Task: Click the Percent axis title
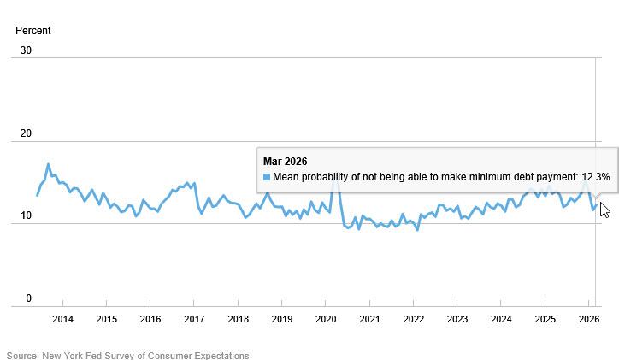pyautogui.click(x=33, y=31)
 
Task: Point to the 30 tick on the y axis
pyautogui.click(x=26, y=50)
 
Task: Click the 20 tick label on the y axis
pyautogui.click(x=26, y=133)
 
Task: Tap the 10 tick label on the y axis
pyautogui.click(x=26, y=216)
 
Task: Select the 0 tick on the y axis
pyautogui.click(x=28, y=298)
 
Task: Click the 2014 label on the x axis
pyautogui.click(x=62, y=320)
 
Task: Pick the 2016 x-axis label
pyautogui.click(x=150, y=320)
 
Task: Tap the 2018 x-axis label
pyautogui.click(x=238, y=320)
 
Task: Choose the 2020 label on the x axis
pyautogui.click(x=326, y=320)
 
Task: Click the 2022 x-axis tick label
pyautogui.click(x=413, y=320)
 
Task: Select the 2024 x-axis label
pyautogui.click(x=501, y=320)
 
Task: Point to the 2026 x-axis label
pyautogui.click(x=589, y=320)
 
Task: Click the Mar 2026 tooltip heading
pyautogui.click(x=285, y=162)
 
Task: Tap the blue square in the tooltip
pyautogui.click(x=267, y=177)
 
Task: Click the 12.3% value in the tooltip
pyautogui.click(x=595, y=177)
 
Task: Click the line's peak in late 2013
pyautogui.click(x=48, y=164)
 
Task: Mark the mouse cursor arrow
pyautogui.click(x=604, y=209)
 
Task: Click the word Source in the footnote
pyautogui.click(x=22, y=356)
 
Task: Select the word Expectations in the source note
pyautogui.click(x=220, y=356)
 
